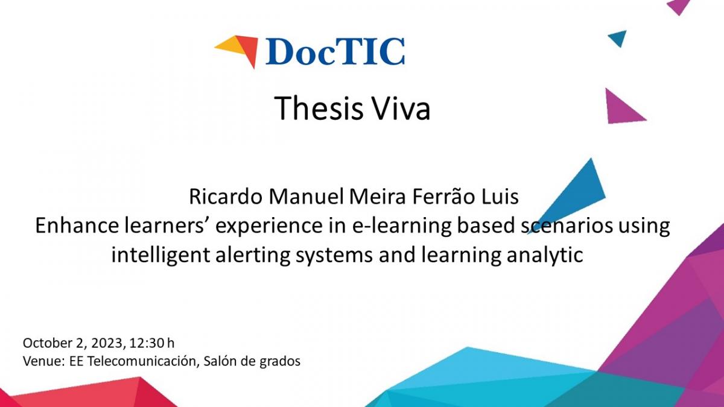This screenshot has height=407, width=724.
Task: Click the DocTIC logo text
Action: (x=335, y=52)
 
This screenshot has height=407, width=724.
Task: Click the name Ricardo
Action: (x=225, y=197)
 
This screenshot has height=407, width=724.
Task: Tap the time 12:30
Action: (x=147, y=342)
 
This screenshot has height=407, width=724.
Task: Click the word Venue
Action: (x=42, y=361)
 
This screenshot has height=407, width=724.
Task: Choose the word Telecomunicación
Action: (x=142, y=361)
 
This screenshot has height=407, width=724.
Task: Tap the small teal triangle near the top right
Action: (x=618, y=38)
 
